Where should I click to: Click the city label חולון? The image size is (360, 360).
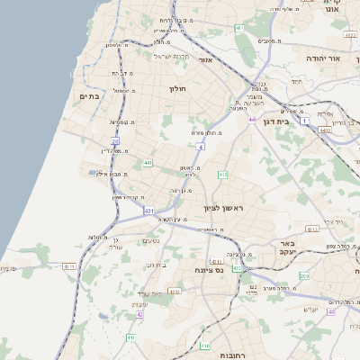(x=176, y=88)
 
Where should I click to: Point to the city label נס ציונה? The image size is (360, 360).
(x=208, y=268)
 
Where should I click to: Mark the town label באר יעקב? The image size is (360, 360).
(x=287, y=248)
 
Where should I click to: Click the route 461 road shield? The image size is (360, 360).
(x=239, y=29)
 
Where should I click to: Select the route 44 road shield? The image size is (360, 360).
(x=253, y=119)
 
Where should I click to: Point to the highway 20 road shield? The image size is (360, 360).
(x=115, y=140)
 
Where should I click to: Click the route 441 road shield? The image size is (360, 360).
(x=147, y=163)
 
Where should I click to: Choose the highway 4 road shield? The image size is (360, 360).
(x=202, y=145)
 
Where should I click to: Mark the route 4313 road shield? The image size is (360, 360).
(x=312, y=229)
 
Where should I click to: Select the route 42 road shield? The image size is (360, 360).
(x=139, y=315)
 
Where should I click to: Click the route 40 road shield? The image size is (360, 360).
(x=331, y=311)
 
